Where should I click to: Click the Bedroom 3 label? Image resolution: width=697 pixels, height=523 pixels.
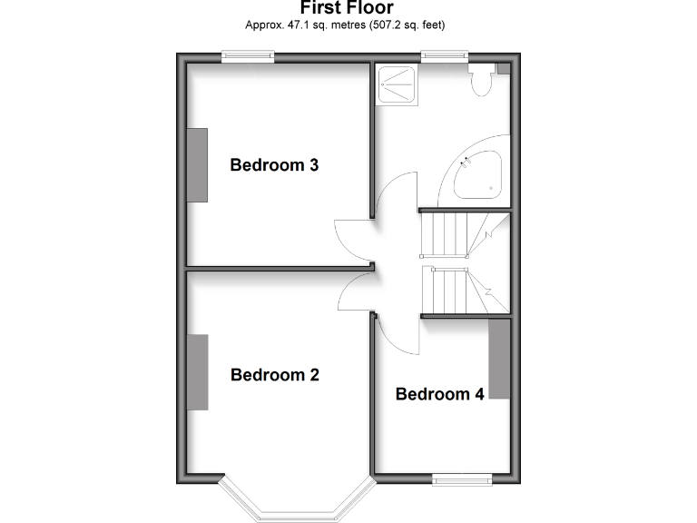pyautogui.click(x=274, y=165)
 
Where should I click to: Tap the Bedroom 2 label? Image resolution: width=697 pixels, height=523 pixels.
pyautogui.click(x=274, y=374)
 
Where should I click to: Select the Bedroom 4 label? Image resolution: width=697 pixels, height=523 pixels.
pyautogui.click(x=439, y=394)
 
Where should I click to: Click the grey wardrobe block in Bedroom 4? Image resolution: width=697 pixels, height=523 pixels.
pyautogui.click(x=499, y=360)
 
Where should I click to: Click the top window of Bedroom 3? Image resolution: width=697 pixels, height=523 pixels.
pyautogui.click(x=250, y=57)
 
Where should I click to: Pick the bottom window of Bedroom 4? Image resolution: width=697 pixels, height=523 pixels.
pyautogui.click(x=462, y=479)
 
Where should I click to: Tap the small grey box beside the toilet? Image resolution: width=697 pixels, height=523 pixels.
pyautogui.click(x=503, y=68)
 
